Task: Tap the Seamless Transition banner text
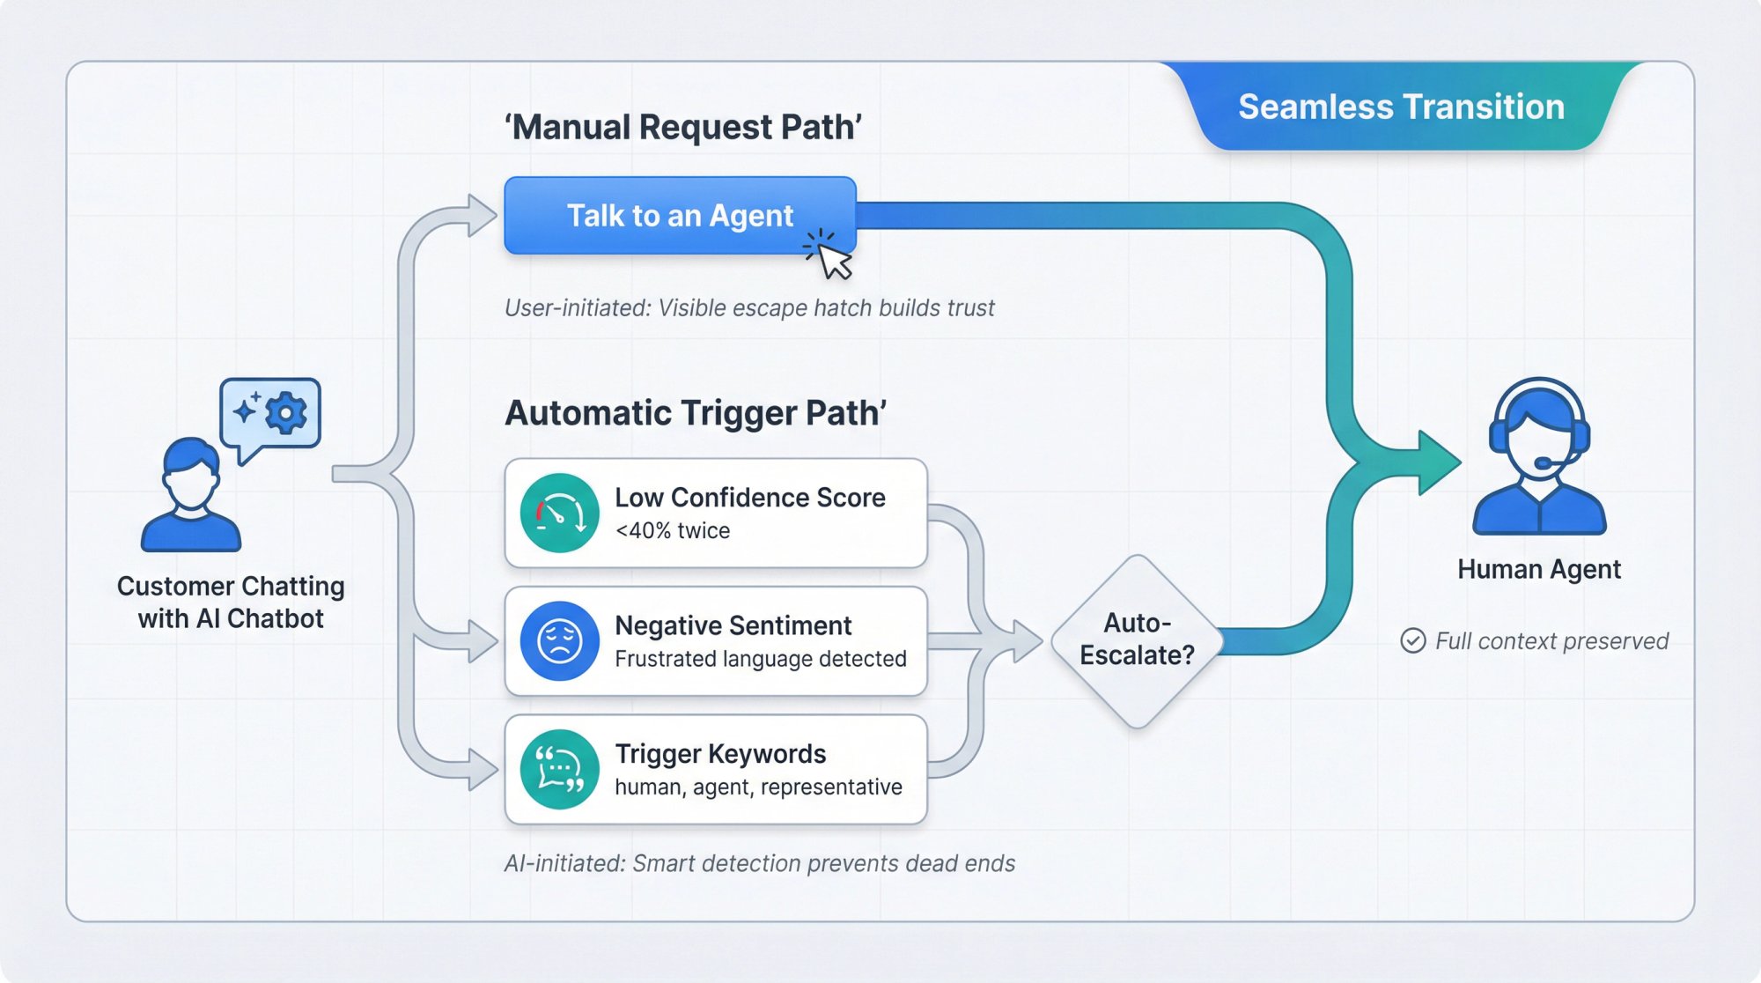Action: [1400, 107]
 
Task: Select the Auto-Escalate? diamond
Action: [1137, 640]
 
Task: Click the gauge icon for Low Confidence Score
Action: [559, 513]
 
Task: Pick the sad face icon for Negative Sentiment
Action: [559, 640]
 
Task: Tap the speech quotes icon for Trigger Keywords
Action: [559, 769]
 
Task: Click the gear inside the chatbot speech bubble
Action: [286, 412]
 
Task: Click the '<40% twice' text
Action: [672, 530]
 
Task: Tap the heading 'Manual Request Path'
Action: [682, 127]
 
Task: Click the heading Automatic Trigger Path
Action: [695, 413]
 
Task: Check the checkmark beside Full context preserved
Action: [1412, 640]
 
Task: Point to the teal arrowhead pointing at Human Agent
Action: [1439, 462]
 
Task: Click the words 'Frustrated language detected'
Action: [760, 659]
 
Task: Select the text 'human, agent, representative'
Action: [757, 787]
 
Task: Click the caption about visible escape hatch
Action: [748, 308]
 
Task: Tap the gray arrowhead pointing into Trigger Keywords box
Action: [483, 769]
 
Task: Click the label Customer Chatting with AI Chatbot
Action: [231, 602]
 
